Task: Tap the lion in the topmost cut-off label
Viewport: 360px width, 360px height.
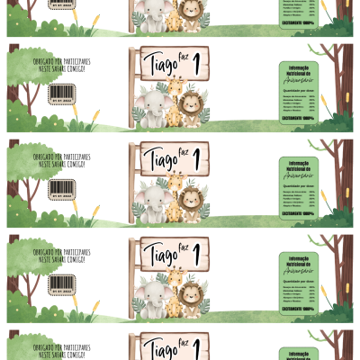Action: pyautogui.click(x=190, y=13)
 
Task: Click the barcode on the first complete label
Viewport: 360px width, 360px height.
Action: pyautogui.click(x=60, y=93)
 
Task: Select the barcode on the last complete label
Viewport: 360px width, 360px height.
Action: pyautogui.click(x=60, y=283)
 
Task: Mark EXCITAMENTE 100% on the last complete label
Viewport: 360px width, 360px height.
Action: pyautogui.click(x=298, y=310)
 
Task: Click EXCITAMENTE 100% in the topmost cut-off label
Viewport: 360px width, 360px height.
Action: pyautogui.click(x=298, y=23)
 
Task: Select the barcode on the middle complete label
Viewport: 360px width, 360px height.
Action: pyautogui.click(x=60, y=188)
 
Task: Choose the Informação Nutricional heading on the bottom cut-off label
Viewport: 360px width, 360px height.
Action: pyautogui.click(x=298, y=347)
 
